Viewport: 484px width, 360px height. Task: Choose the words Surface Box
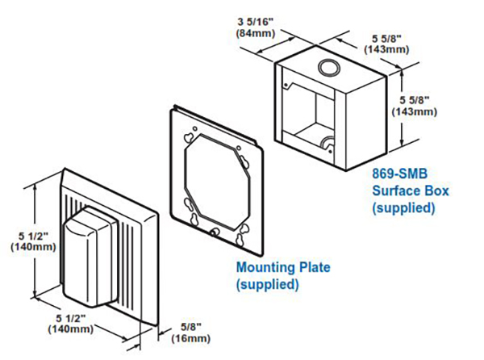tap(410, 191)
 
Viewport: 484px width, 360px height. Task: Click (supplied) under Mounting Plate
tap(267, 284)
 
